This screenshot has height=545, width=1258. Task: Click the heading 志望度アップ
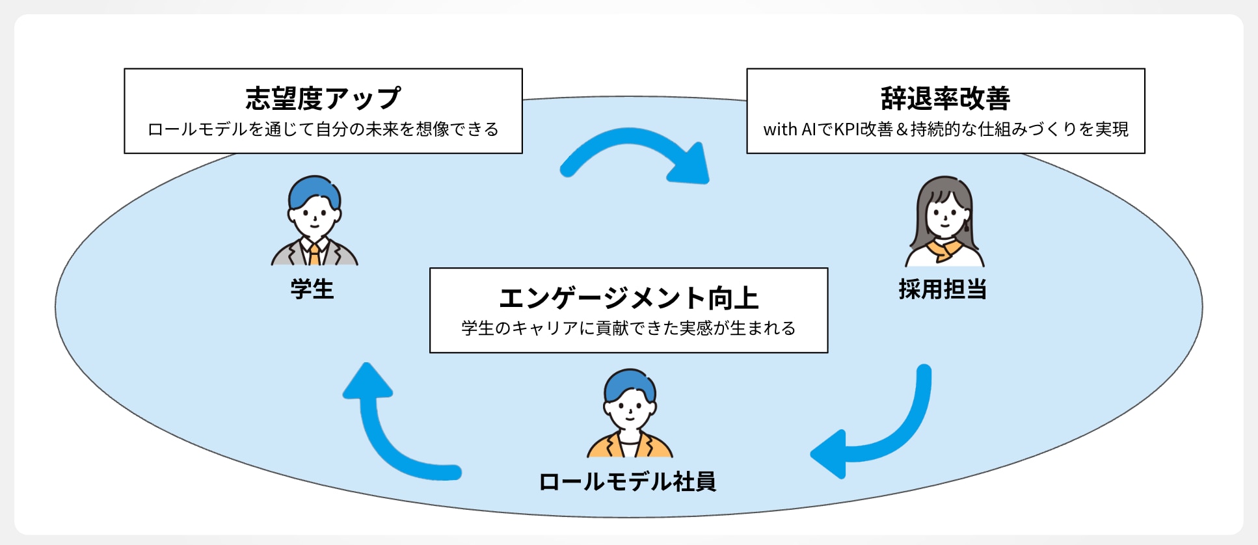(x=323, y=99)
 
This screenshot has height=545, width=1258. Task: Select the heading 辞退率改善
(x=945, y=99)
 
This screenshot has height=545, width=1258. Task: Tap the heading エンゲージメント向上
(x=628, y=299)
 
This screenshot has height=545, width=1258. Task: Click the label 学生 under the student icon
(x=312, y=289)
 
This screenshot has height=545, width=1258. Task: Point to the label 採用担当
(x=943, y=289)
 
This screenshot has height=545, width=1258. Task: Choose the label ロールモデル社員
(x=628, y=482)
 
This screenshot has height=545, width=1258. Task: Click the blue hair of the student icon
(x=314, y=189)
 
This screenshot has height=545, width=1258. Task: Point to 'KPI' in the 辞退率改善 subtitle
(x=847, y=129)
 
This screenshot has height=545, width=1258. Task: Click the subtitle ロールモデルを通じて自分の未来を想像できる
(x=323, y=129)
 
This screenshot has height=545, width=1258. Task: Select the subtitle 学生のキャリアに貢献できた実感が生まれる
(x=628, y=328)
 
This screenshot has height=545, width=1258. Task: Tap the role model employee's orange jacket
(x=658, y=447)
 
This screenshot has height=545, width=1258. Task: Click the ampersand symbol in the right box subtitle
(x=902, y=129)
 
